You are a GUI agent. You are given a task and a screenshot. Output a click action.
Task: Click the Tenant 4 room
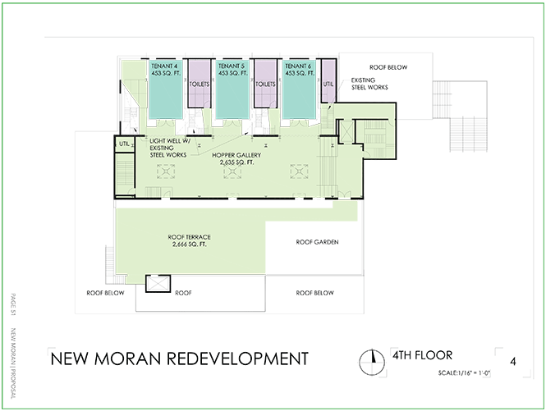(166, 89)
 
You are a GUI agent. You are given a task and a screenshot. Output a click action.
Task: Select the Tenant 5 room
(232, 89)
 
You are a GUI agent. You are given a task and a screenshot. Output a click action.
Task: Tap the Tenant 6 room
(299, 89)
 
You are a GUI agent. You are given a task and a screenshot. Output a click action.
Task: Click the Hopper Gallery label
(236, 158)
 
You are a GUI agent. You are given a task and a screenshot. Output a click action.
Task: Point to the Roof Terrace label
(189, 240)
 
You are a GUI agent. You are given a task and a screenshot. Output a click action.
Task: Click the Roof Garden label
(317, 242)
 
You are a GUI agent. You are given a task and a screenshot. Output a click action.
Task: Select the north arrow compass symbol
(372, 362)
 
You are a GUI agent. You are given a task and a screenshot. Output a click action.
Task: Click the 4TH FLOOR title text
(422, 355)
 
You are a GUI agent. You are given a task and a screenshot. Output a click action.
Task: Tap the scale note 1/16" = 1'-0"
(464, 373)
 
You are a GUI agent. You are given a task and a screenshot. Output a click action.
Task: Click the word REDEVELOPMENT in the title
(237, 358)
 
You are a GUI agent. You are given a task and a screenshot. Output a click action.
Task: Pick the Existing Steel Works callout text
(369, 84)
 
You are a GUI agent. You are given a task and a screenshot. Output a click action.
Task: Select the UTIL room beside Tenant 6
(328, 81)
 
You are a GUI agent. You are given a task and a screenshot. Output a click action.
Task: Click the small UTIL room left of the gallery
(124, 144)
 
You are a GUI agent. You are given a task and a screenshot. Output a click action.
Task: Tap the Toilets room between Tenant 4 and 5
(200, 84)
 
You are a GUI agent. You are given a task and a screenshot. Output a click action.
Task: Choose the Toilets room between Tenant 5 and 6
(265, 84)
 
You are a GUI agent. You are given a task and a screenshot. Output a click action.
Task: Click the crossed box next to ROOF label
(158, 284)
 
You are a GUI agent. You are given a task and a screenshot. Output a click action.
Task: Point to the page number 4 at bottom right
(513, 362)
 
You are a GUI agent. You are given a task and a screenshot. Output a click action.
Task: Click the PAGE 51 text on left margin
(13, 304)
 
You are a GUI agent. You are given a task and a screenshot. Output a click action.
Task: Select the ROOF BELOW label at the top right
(388, 67)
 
